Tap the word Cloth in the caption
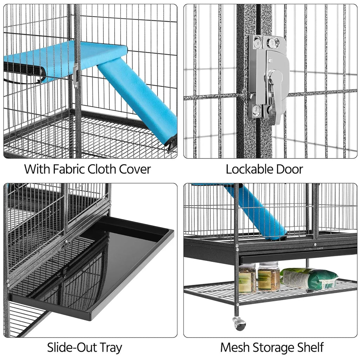tap(102, 169)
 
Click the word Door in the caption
tap(289, 169)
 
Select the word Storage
tap(274, 347)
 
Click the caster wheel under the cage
tap(240, 324)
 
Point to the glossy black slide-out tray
tap(105, 267)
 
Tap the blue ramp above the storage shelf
tap(258, 213)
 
